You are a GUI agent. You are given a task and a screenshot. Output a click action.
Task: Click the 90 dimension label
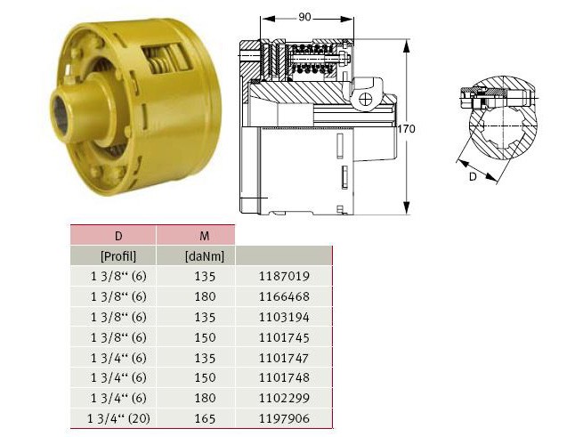point(304,17)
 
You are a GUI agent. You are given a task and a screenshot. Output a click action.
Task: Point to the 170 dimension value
point(407,129)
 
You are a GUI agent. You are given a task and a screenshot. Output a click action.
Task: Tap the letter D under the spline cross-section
point(473,176)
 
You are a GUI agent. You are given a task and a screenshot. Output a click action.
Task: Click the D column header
point(118,236)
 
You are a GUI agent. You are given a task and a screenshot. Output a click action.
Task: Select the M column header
point(204,236)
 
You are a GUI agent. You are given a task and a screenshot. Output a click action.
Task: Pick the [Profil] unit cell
point(118,256)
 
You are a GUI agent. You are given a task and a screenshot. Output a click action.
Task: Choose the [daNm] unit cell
point(205,256)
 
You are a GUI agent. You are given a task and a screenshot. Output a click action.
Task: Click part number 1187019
point(284,276)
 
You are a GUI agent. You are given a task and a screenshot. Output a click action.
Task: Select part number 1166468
point(284,296)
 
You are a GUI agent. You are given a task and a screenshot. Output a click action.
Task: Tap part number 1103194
point(284,317)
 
